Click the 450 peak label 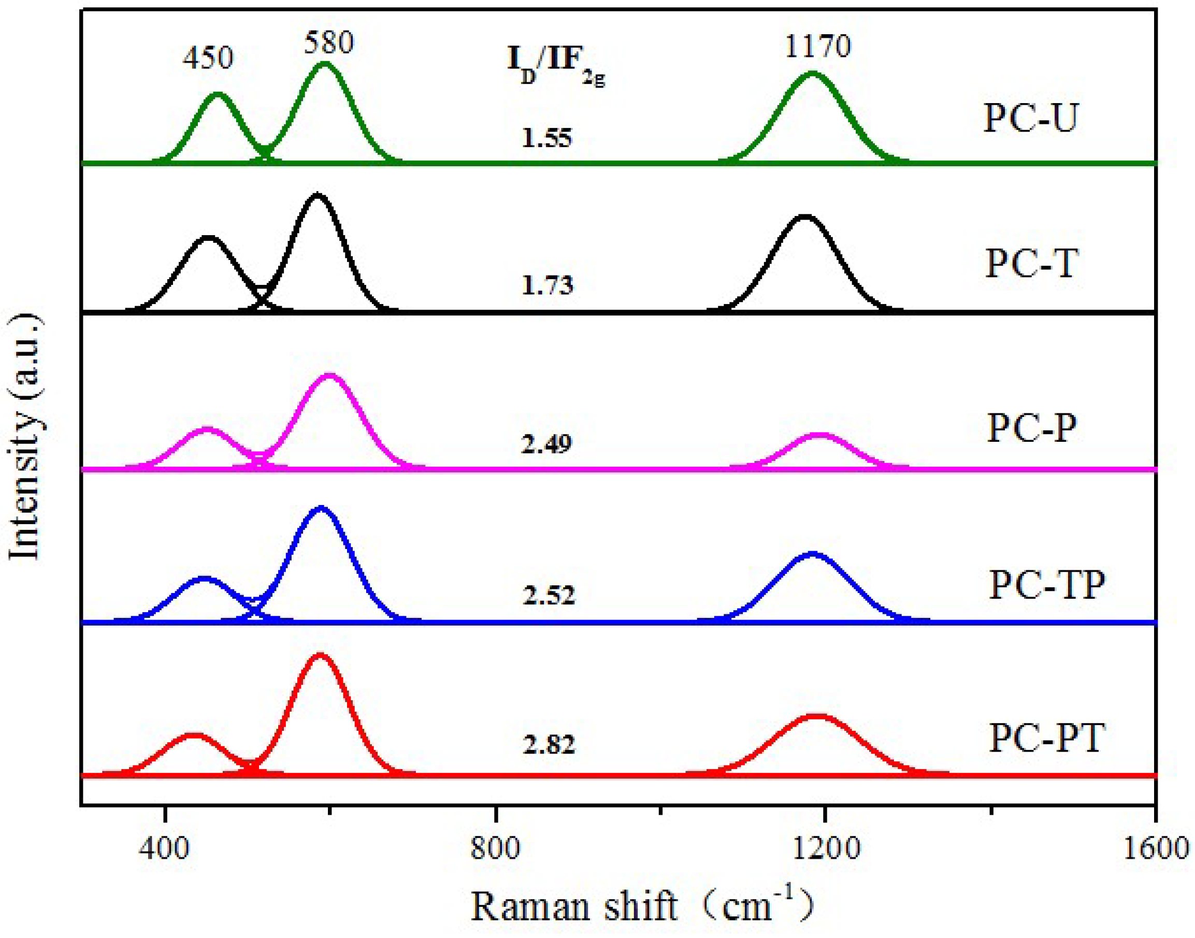click(x=208, y=57)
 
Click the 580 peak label click(x=328, y=42)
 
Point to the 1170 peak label click(x=817, y=46)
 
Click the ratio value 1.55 click(x=547, y=138)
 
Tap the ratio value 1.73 click(x=547, y=285)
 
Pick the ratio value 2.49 click(x=546, y=443)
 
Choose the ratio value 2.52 click(x=549, y=595)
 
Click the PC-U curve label click(x=1031, y=118)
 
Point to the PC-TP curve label click(x=1047, y=585)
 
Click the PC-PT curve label click(x=1047, y=738)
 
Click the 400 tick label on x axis click(x=164, y=848)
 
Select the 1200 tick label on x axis click(x=825, y=848)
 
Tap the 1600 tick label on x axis click(x=1156, y=848)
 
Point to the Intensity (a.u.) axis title click(x=25, y=437)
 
